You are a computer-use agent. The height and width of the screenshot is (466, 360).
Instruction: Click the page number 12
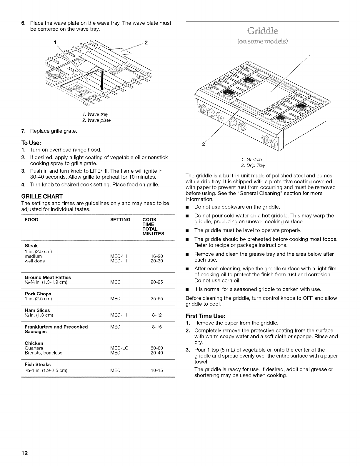coord(24,453)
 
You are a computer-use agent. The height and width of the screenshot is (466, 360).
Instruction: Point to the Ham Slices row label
coord(37,310)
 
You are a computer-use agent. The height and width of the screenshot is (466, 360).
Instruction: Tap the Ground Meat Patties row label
coord(48,277)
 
